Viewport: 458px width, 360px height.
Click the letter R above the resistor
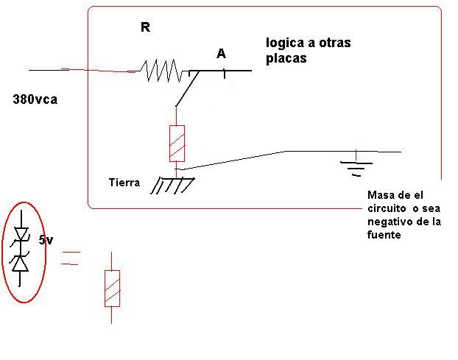click(x=145, y=27)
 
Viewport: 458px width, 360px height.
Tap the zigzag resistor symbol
click(x=161, y=71)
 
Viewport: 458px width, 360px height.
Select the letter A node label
click(x=221, y=54)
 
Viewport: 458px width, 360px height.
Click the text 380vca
click(x=35, y=99)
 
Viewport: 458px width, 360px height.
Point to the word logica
click(x=285, y=43)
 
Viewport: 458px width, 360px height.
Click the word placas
click(x=286, y=58)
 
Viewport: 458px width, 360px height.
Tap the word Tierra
click(x=124, y=183)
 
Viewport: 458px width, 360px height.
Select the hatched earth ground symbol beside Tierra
click(x=172, y=186)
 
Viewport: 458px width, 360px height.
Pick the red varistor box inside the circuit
click(x=177, y=144)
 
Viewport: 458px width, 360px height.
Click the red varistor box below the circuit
click(x=112, y=289)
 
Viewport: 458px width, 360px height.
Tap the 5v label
click(x=46, y=240)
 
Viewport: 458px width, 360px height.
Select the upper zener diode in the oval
click(x=21, y=235)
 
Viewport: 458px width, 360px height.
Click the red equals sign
click(x=70, y=258)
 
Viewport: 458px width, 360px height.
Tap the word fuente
click(x=384, y=235)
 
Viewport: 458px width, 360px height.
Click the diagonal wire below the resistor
click(x=187, y=88)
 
